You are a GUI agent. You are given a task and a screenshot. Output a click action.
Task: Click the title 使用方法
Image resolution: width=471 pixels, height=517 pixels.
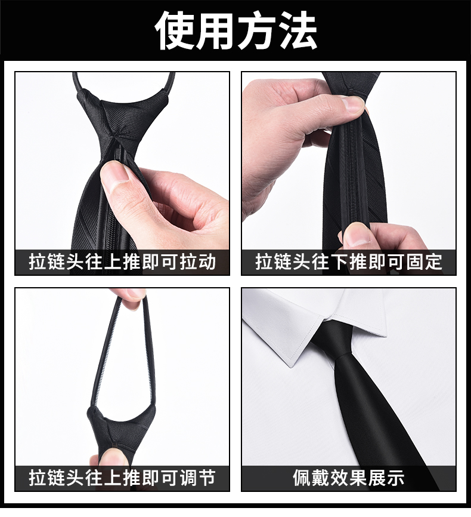pos(236,30)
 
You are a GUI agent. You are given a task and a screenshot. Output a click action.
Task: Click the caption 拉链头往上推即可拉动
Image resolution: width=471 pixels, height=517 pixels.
pos(122,262)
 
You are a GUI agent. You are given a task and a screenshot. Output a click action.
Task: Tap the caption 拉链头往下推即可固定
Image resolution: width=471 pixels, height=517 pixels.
pos(349,262)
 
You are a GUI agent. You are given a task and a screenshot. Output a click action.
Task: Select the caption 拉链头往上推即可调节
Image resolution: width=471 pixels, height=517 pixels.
pos(122,478)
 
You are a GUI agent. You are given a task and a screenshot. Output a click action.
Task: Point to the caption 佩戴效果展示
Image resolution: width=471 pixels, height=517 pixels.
pos(349,478)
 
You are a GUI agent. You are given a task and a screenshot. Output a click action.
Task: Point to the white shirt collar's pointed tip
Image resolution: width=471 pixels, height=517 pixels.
pos(291,365)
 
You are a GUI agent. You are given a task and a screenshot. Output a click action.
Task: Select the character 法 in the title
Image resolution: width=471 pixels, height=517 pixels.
pos(298,30)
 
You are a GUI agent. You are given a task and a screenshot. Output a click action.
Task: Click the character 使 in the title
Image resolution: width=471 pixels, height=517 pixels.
pos(175,30)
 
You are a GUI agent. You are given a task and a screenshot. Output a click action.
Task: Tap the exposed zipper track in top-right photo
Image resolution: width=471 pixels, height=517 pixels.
pos(350,171)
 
